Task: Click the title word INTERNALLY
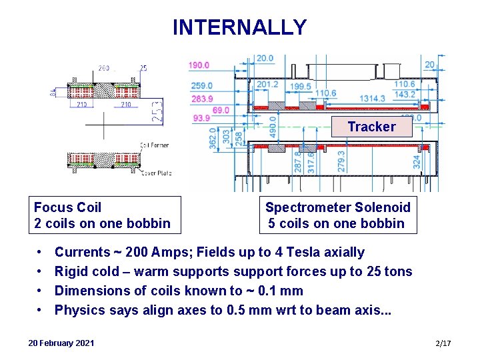(x=239, y=27)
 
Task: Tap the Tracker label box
(x=371, y=127)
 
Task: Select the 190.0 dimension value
(x=199, y=65)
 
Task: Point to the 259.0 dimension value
(x=201, y=86)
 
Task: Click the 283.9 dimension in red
(x=201, y=99)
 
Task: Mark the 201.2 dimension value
(x=267, y=85)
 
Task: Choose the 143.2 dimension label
(x=404, y=95)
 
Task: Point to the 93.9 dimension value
(x=201, y=117)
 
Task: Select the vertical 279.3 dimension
(x=341, y=161)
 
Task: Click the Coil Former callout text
(x=155, y=145)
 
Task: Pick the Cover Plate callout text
(x=157, y=173)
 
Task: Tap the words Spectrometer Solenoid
(x=337, y=207)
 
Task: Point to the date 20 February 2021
(x=61, y=343)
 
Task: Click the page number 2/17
(x=443, y=343)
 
